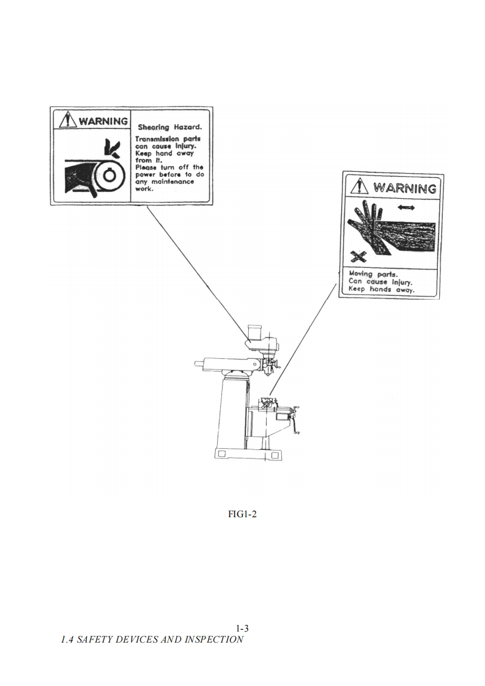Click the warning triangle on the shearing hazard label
click(68, 120)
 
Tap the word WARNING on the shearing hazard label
click(103, 120)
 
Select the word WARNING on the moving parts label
click(405, 187)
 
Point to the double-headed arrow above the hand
click(405, 208)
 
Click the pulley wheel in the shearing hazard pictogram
click(109, 175)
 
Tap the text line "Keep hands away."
click(381, 290)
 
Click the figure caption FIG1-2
click(242, 514)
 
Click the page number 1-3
click(242, 628)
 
